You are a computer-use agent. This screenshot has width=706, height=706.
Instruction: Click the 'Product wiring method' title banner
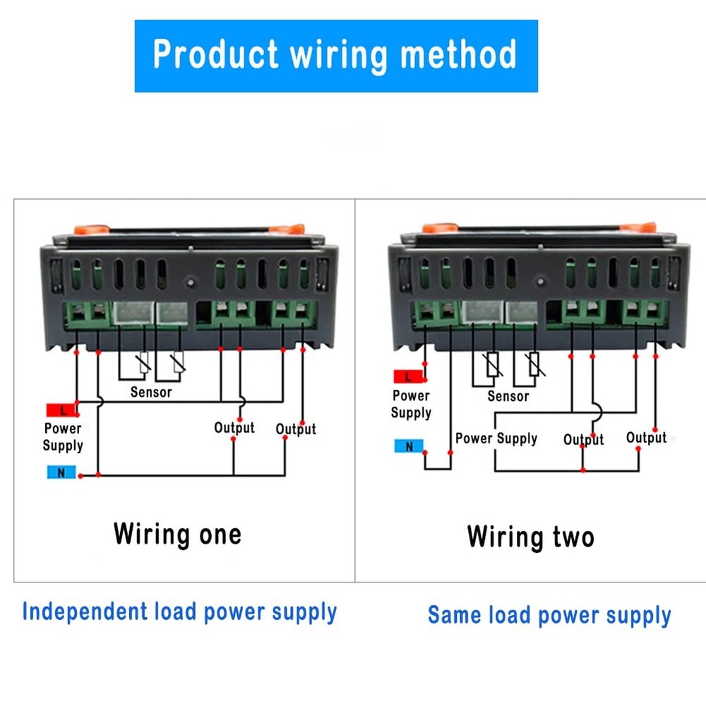click(336, 56)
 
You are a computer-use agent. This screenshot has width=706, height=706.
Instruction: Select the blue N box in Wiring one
click(61, 473)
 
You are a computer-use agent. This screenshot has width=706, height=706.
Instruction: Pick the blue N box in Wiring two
click(409, 445)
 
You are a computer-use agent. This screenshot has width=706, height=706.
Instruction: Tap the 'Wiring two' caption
click(530, 537)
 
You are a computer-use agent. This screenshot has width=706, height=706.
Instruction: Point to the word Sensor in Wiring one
click(151, 391)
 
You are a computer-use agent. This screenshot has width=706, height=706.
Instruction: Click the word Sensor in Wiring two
click(508, 396)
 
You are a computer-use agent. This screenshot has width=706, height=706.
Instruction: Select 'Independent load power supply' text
click(179, 611)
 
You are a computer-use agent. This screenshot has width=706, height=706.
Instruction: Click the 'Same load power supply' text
click(549, 615)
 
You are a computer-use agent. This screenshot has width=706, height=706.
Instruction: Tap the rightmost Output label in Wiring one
click(296, 429)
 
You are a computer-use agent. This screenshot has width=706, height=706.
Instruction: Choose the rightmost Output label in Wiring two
click(646, 438)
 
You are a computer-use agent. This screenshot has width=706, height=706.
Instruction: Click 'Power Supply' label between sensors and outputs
click(496, 438)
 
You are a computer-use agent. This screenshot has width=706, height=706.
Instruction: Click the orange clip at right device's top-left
click(438, 229)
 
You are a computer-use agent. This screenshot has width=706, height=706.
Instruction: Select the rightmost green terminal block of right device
click(645, 311)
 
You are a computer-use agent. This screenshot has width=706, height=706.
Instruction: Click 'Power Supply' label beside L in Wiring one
click(63, 436)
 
